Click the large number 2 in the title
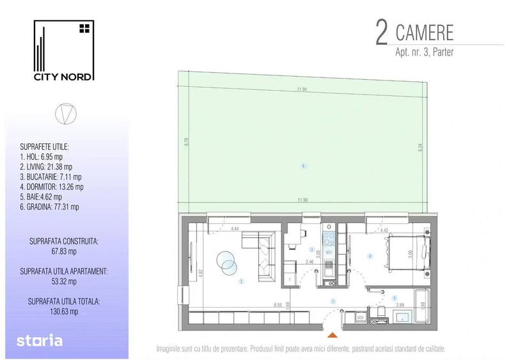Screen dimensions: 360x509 pyautogui.click(x=381, y=33)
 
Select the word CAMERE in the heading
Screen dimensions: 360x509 pyautogui.click(x=426, y=32)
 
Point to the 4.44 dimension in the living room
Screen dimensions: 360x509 pyautogui.click(x=234, y=229)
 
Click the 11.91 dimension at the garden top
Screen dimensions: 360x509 pyautogui.click(x=301, y=90)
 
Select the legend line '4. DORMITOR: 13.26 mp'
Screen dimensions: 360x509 pyautogui.click(x=53, y=187)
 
